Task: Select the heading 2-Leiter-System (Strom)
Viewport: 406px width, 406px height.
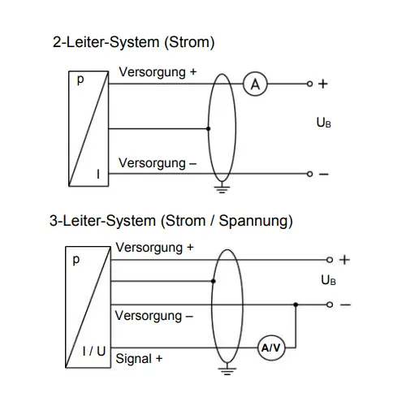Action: (x=134, y=42)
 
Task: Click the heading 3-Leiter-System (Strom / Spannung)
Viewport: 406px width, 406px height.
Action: (x=171, y=221)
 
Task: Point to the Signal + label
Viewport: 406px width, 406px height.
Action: (x=139, y=359)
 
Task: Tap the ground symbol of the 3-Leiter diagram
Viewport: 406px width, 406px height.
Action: (x=227, y=369)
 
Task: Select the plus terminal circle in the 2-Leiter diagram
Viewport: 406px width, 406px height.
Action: (x=310, y=84)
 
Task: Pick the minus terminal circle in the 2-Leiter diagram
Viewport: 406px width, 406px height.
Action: (x=310, y=174)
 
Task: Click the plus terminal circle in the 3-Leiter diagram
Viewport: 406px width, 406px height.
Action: (x=330, y=260)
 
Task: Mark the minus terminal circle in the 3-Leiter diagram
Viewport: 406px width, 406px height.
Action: (x=330, y=304)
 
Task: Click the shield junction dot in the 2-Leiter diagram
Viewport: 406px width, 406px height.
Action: (x=208, y=128)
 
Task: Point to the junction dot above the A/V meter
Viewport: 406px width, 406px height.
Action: (x=296, y=304)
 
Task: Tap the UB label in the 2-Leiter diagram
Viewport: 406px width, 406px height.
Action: (x=324, y=123)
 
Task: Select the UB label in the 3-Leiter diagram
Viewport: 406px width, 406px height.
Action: (x=328, y=280)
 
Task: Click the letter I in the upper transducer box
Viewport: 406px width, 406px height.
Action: (x=98, y=174)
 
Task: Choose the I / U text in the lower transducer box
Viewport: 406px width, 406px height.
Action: (x=94, y=352)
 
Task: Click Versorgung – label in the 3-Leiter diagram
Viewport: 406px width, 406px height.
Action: (x=153, y=317)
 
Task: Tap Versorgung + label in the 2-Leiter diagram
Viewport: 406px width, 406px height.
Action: (x=158, y=72)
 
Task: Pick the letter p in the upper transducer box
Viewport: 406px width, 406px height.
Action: (x=80, y=80)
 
